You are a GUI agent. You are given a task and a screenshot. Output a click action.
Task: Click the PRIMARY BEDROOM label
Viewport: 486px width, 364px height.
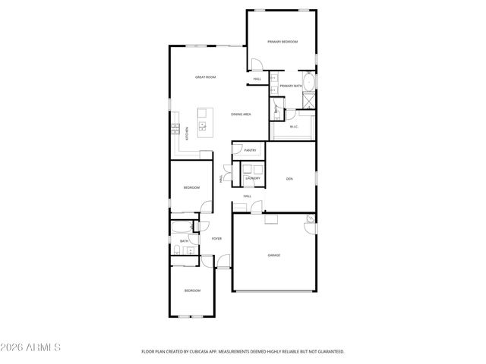[x=282, y=42]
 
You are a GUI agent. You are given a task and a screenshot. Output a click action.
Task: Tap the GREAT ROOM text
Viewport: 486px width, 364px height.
[x=206, y=77]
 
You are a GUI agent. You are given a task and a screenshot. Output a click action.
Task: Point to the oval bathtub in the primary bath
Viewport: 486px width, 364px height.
[x=309, y=81]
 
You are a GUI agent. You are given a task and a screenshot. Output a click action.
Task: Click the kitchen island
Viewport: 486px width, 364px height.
[x=203, y=121]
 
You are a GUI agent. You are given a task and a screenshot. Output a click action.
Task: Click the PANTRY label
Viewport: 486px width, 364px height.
[x=250, y=151]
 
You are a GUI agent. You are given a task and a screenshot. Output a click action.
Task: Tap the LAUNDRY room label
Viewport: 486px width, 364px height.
[x=253, y=178]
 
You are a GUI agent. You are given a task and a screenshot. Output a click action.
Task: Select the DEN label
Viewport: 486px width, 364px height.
[x=289, y=179]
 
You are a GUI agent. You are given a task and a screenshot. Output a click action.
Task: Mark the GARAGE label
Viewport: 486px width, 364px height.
[x=273, y=255]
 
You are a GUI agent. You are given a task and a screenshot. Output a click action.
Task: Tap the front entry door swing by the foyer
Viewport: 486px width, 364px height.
[x=222, y=262]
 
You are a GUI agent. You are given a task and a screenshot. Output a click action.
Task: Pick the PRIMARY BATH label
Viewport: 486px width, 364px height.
[x=291, y=86]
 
